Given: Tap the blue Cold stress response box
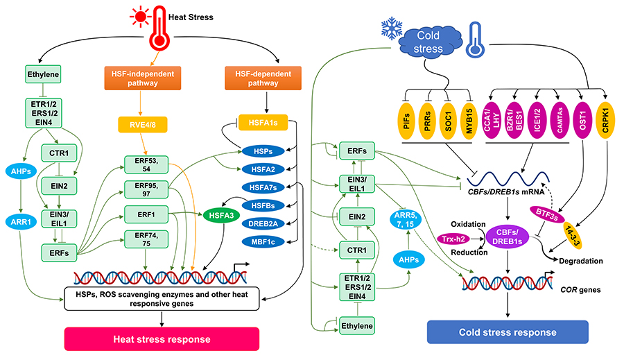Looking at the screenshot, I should pyautogui.click(x=508, y=332).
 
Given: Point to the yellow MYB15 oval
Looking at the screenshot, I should pyautogui.click(x=471, y=114).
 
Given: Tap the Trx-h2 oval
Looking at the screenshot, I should pyautogui.click(x=452, y=238).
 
